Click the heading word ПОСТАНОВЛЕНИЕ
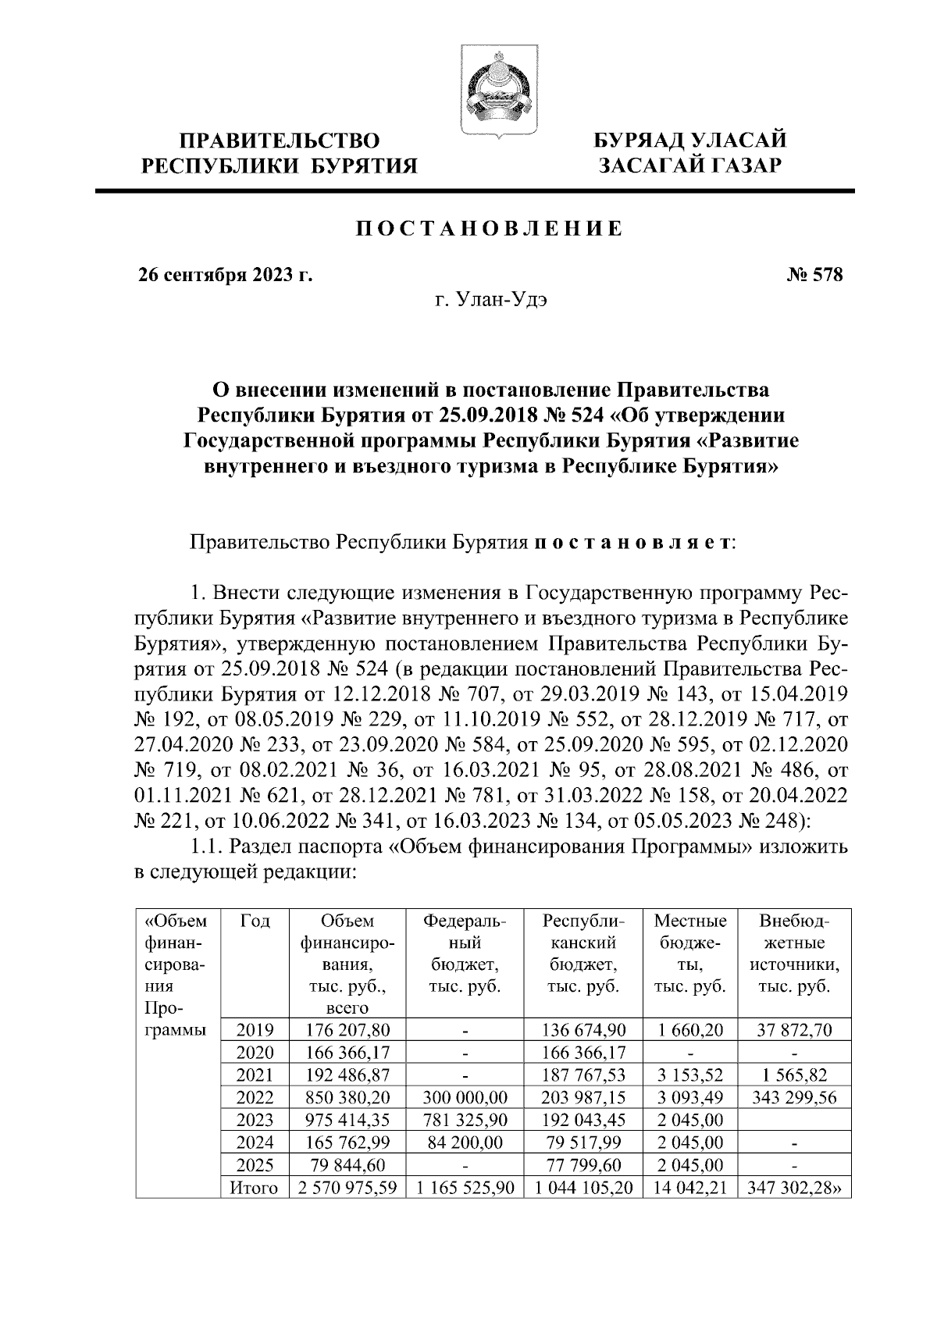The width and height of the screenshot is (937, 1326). tap(490, 229)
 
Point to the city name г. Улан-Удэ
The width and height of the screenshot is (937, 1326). tap(491, 301)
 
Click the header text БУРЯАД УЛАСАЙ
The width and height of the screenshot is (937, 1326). tap(690, 141)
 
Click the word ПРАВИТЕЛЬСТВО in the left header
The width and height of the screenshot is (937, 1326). tap(280, 141)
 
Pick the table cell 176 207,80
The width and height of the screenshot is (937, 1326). tap(347, 1030)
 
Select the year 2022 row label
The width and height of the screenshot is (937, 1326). tap(255, 1097)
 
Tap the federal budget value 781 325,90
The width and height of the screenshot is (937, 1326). tap(465, 1120)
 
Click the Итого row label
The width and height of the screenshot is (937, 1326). tap(255, 1188)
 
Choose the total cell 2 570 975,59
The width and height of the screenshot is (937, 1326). tap(347, 1188)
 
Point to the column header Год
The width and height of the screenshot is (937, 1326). tap(255, 921)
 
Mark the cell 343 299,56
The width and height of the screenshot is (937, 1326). tap(794, 1097)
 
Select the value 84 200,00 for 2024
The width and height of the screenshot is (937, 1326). tap(465, 1142)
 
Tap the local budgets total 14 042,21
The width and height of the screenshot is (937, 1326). tap(689, 1188)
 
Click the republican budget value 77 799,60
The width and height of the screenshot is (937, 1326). tap(582, 1165)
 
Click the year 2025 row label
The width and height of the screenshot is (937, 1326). tap(255, 1165)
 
